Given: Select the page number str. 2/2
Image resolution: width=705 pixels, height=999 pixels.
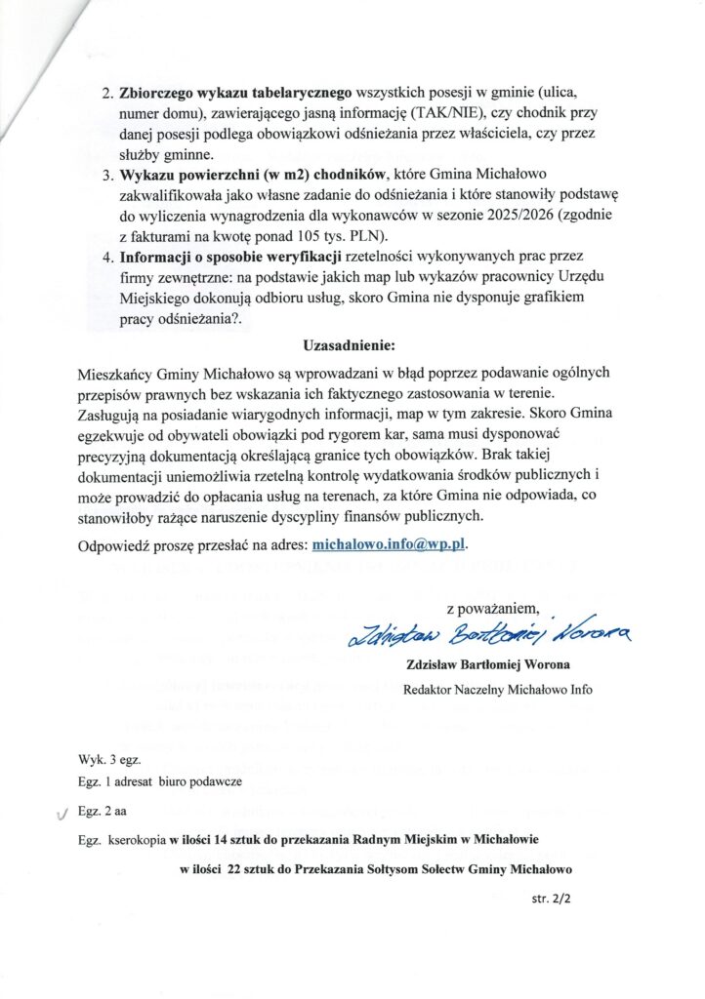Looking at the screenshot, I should point(551,899).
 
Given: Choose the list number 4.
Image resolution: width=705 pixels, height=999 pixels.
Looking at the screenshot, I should point(108,258).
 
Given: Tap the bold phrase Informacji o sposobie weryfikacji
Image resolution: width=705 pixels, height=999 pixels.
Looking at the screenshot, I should point(230,258).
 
